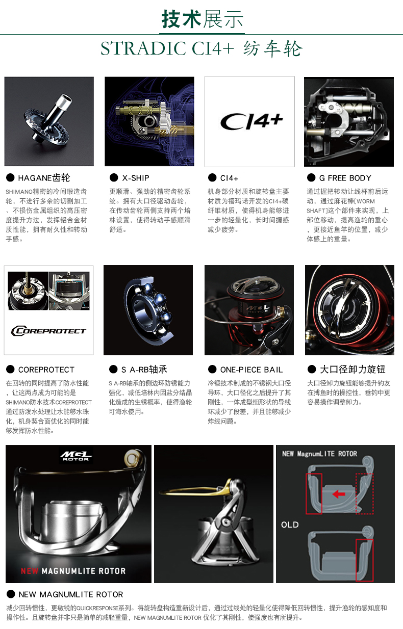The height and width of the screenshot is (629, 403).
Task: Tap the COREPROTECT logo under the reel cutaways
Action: coord(48,331)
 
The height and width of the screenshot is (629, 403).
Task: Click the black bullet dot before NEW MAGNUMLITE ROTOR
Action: coord(10,594)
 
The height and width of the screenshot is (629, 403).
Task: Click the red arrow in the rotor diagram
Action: coord(338,494)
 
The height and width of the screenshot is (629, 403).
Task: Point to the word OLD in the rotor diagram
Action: coord(290,525)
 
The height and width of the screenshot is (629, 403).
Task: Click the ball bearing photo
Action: coord(148,310)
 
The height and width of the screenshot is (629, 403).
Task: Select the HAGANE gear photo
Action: coord(49,121)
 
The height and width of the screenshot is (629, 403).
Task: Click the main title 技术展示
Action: coord(202,19)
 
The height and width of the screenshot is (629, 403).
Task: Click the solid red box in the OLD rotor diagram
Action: coord(364,560)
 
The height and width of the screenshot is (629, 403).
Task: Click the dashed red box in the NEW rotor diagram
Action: coord(364,493)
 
